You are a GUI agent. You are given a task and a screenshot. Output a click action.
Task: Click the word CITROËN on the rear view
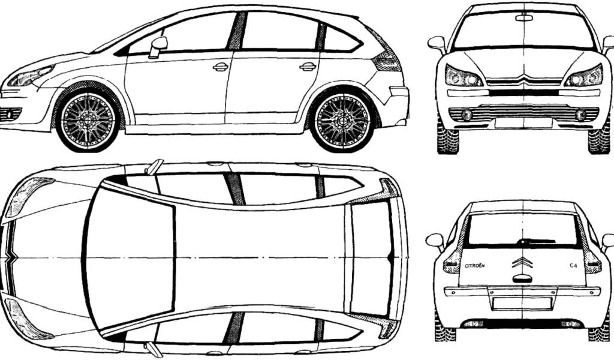coord(475,266)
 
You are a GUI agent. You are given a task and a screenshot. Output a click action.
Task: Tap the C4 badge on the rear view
coord(573,266)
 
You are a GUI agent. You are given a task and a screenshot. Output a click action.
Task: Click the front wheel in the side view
coord(88,121)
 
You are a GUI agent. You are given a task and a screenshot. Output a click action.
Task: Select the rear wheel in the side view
coord(344,121)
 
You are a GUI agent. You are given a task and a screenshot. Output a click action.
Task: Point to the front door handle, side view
coord(221,67)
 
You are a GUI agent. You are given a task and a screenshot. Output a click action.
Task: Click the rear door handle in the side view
coord(308,67)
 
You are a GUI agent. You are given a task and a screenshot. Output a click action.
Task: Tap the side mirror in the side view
coord(158,47)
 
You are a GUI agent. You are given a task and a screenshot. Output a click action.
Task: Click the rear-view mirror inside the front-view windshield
coord(524,17)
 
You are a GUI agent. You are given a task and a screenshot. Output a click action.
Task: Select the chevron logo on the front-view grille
coord(523,79)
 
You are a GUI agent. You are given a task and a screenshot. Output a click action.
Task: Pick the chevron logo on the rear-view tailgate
coord(522,262)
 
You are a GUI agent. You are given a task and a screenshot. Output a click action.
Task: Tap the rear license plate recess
coord(522,303)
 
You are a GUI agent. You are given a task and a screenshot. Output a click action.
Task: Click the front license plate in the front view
coord(523,123)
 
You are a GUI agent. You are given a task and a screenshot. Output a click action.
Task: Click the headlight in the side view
coord(30,76)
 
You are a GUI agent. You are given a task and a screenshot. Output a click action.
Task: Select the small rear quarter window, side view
coord(340,39)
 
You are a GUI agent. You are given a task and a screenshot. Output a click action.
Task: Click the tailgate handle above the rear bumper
coord(522,279)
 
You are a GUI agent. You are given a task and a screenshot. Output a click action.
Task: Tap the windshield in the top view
coord(130,257)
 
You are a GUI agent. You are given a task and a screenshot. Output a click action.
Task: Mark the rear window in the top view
coord(371,257)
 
